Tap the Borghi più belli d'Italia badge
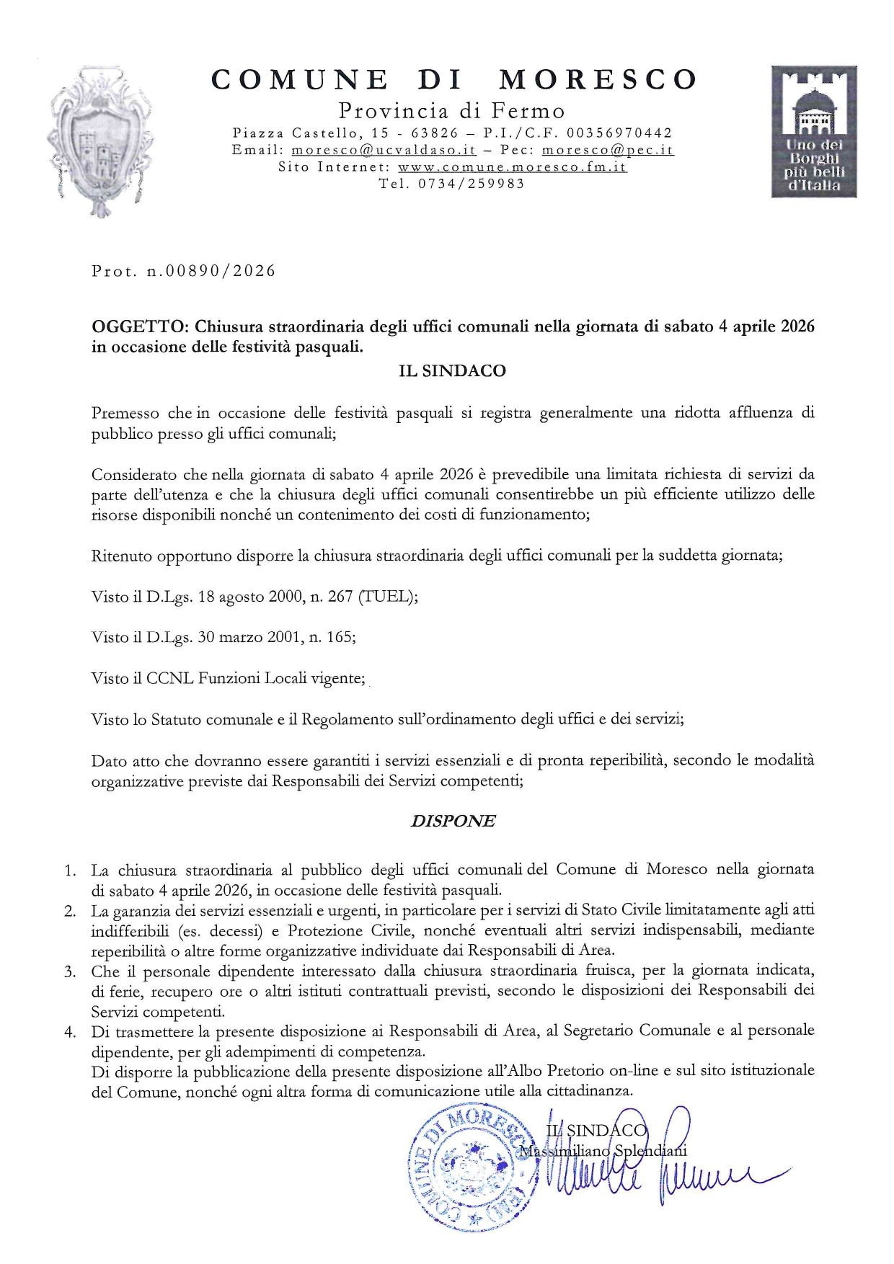pos(814,131)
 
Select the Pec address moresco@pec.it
pos(608,151)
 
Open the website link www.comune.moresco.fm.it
pos(512,167)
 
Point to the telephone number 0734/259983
pos(472,184)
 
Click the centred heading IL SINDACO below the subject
pos(452,371)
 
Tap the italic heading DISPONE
pos(453,822)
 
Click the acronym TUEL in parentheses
pos(386,597)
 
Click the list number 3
pos(70,971)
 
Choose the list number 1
pos(70,871)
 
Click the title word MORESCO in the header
pos(598,79)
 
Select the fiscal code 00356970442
pos(619,133)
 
